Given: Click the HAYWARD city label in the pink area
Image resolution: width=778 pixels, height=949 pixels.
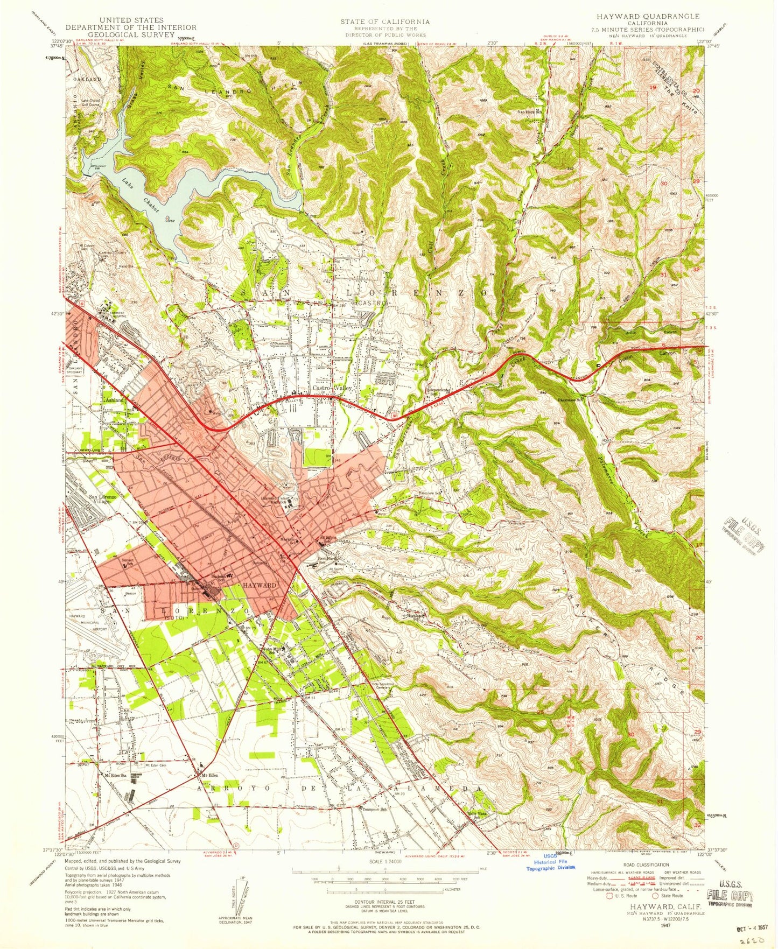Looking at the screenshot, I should pyautogui.click(x=260, y=585).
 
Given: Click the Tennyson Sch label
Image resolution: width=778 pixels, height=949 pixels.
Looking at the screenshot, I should pyautogui.click(x=374, y=809).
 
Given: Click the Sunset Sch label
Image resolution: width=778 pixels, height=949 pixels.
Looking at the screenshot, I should pyautogui.click(x=127, y=561).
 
